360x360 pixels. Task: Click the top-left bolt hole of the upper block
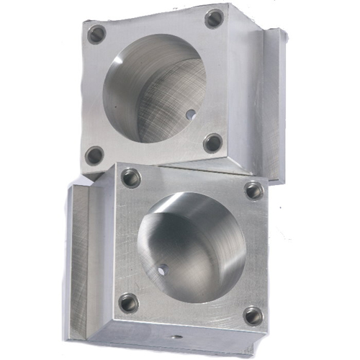[x=96, y=33]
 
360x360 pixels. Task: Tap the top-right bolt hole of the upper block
[x=214, y=18]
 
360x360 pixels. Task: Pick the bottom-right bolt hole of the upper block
[x=212, y=143]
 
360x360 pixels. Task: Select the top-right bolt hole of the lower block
[x=253, y=190]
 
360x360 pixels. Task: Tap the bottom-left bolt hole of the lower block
[x=129, y=303]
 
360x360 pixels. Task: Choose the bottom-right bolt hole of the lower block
[x=252, y=315]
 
